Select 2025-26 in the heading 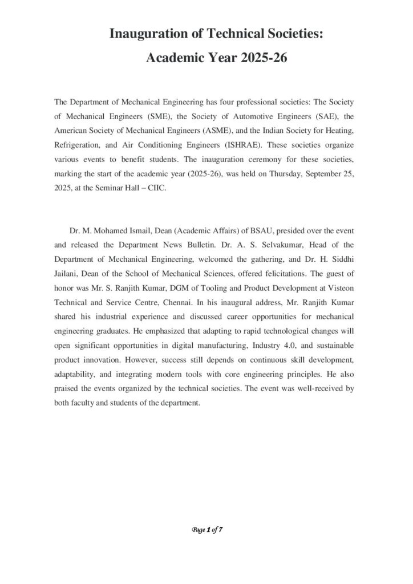coord(261,58)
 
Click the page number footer coord(206,530)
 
